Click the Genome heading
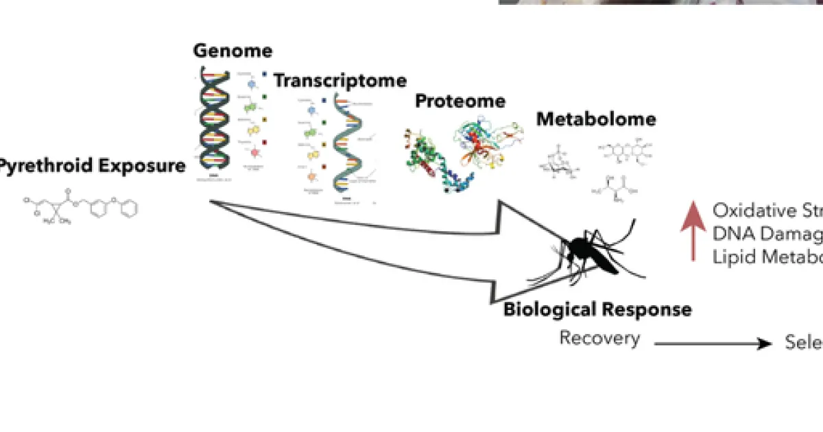(232, 51)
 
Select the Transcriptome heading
(340, 81)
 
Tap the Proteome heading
(460, 101)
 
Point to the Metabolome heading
(596, 119)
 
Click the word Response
(646, 310)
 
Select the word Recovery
(599, 338)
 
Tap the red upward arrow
(695, 232)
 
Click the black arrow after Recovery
(713, 344)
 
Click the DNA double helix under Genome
(215, 120)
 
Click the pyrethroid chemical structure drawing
(79, 205)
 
